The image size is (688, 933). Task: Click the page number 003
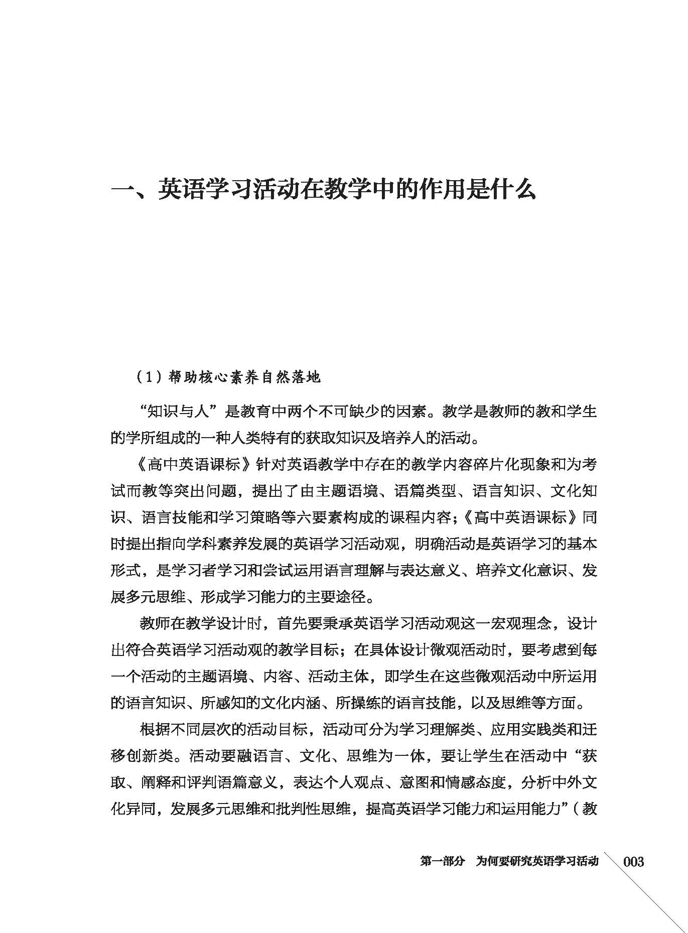[633, 862]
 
